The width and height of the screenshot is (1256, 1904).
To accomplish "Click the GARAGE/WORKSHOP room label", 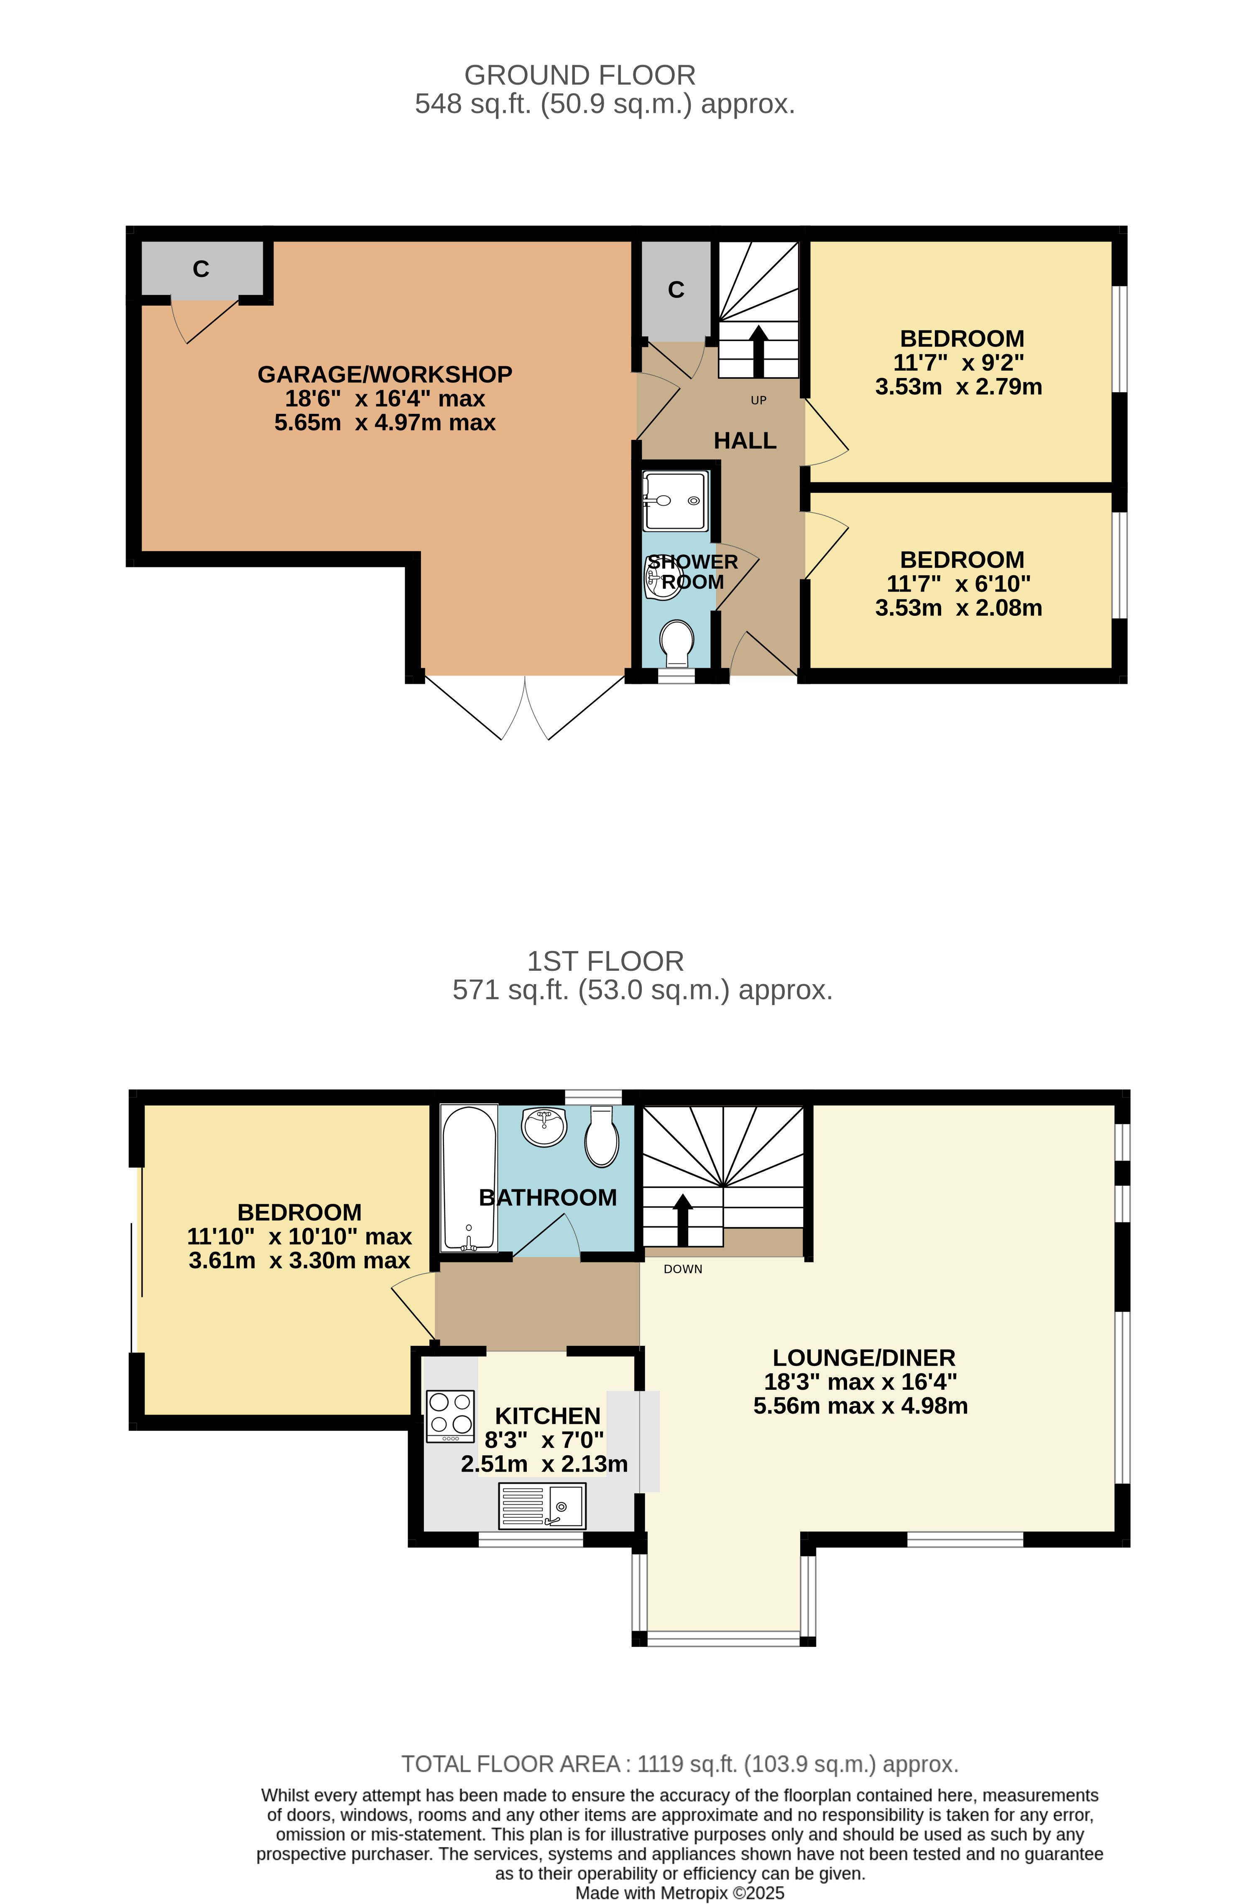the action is pos(385,374).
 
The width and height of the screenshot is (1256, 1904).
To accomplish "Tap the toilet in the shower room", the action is pos(677,643).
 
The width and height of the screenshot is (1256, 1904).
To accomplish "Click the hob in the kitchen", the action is pos(450,1416).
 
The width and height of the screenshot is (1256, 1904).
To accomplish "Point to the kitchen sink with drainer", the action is pos(542,1506).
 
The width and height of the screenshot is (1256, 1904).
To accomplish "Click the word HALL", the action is pos(745,441).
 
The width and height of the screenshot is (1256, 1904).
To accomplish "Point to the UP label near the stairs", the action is pos(758,401).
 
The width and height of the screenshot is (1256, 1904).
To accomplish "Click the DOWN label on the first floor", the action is pos(682,1269).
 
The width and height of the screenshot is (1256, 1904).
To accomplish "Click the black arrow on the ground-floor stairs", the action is pos(758,351).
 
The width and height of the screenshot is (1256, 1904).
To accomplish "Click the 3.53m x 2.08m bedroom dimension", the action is pos(959,608).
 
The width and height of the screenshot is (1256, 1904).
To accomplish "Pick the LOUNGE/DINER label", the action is pos(863,1358).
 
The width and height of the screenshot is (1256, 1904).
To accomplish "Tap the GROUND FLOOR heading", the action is pos(580,75).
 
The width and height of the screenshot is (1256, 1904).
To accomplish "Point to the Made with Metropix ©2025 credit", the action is pos(679,1893).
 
